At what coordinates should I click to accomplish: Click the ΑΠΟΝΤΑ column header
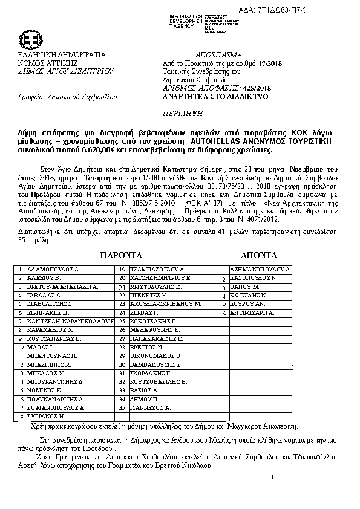[x=260, y=254]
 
